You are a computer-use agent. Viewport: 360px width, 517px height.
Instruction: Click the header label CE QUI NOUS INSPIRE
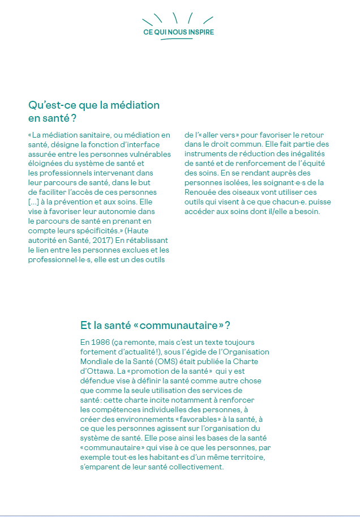pos(179,32)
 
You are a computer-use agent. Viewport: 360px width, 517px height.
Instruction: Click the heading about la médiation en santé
pos(93,112)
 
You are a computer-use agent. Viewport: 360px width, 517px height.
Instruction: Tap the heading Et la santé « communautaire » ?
pos(155,326)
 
